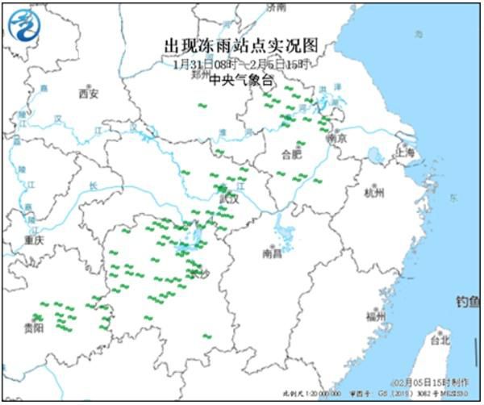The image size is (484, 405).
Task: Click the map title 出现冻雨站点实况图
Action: pyautogui.click(x=242, y=46)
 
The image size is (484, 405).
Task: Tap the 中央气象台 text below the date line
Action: pyautogui.click(x=242, y=80)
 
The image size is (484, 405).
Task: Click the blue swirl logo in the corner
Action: pyautogui.click(x=23, y=26)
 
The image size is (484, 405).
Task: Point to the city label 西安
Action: pyautogui.click(x=88, y=94)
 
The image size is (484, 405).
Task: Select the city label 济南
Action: pyautogui.click(x=277, y=6)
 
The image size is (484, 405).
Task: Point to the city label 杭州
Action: pyautogui.click(x=374, y=193)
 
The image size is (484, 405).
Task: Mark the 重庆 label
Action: pyautogui.click(x=33, y=240)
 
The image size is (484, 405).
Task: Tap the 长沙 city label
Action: pyautogui.click(x=198, y=275)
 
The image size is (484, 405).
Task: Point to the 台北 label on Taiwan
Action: pyautogui.click(x=440, y=340)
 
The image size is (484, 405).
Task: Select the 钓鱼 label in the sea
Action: pyautogui.click(x=468, y=302)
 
